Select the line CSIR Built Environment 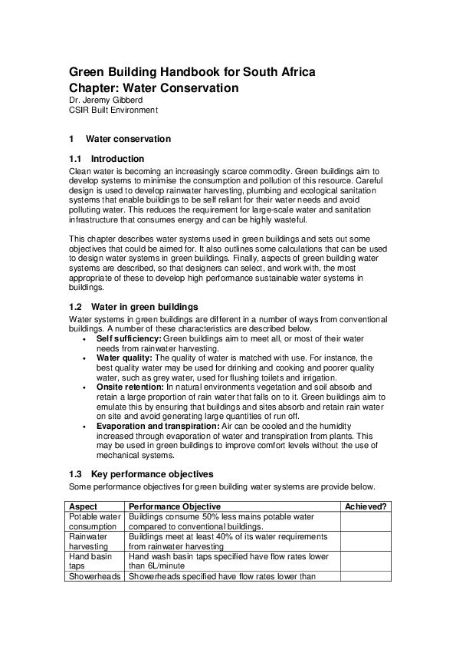click(x=113, y=110)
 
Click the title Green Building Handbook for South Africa click(x=192, y=73)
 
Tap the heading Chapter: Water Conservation click(x=153, y=88)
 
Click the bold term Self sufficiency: click(x=129, y=338)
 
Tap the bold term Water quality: click(x=125, y=358)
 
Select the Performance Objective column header click(x=175, y=506)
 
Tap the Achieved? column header click(x=366, y=506)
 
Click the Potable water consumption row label click(x=94, y=522)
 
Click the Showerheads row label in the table click(x=94, y=576)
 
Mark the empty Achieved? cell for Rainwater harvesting click(x=366, y=542)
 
